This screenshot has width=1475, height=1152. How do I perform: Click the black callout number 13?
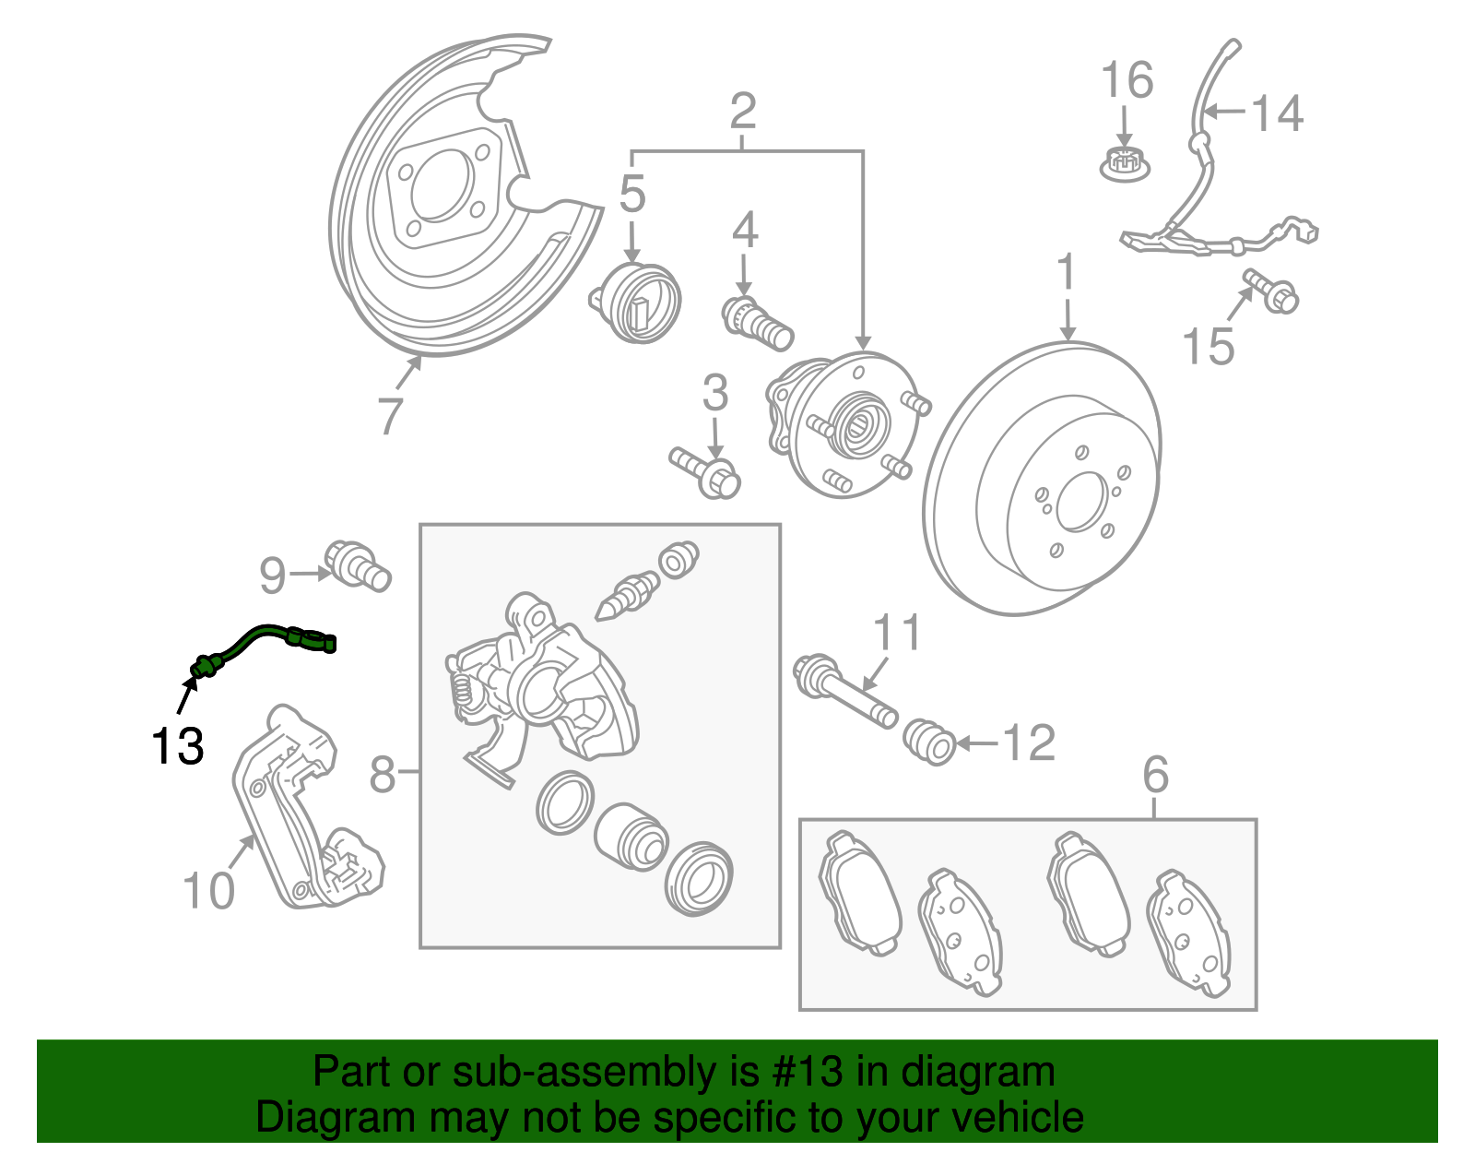pyautogui.click(x=177, y=746)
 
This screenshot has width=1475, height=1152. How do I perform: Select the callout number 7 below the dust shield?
pyautogui.click(x=390, y=415)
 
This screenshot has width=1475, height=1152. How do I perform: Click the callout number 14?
pyautogui.click(x=1277, y=113)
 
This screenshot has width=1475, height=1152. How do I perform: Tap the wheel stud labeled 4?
pyautogui.click(x=758, y=323)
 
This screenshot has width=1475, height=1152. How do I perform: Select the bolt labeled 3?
pyautogui.click(x=706, y=471)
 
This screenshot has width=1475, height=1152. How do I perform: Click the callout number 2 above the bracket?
pyautogui.click(x=743, y=112)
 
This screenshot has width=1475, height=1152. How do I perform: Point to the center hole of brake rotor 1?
pyautogui.click(x=1080, y=502)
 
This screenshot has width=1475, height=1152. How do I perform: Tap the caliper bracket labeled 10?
pyautogui.click(x=304, y=812)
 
